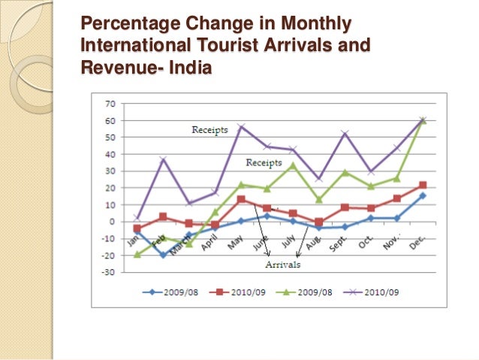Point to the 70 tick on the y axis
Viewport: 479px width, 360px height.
(110, 104)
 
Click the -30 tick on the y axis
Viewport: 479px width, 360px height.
(108, 272)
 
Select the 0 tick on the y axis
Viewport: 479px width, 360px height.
(112, 222)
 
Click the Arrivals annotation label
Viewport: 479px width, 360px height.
(282, 265)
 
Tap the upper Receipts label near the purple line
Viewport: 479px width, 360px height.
(209, 130)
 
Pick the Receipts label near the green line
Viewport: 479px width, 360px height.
(264, 162)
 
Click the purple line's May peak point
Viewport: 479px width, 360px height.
(242, 126)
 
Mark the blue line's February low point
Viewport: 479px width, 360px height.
(164, 255)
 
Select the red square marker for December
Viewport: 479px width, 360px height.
(423, 185)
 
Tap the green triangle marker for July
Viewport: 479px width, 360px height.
(293, 165)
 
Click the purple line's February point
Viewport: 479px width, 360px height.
(164, 159)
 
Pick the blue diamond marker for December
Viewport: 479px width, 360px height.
(423, 195)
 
